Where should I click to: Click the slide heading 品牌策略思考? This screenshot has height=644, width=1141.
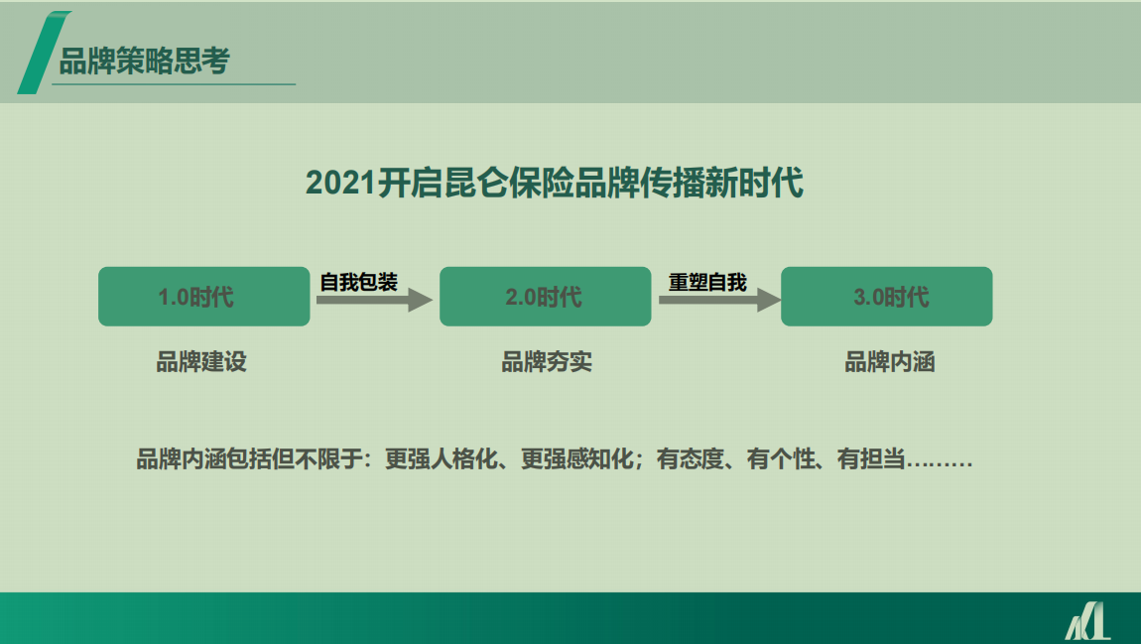144,62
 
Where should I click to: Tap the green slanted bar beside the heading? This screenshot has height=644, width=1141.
43,53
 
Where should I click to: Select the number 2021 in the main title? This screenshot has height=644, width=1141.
340,182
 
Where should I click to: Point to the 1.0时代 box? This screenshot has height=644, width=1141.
203,296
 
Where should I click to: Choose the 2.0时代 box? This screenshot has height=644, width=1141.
545,296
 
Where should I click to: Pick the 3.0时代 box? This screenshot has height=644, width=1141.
886,296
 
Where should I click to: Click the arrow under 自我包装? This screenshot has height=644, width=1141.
374,300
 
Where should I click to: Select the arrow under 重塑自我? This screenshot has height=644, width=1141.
719,300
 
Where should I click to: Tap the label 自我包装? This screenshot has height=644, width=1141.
359,283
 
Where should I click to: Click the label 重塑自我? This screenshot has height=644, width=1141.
707,283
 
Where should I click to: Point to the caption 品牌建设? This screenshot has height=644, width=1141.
201,361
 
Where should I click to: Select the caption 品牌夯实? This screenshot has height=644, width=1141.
547,361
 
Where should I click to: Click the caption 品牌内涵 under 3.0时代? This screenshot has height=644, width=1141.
889,361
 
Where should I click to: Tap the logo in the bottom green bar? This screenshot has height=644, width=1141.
1087,621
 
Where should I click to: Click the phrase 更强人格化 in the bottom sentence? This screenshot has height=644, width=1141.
441,459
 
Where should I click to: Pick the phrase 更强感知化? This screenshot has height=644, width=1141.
577,459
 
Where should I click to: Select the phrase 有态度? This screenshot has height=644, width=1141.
690,459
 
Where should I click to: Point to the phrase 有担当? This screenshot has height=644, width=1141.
870,459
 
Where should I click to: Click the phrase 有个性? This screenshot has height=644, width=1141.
780,459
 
